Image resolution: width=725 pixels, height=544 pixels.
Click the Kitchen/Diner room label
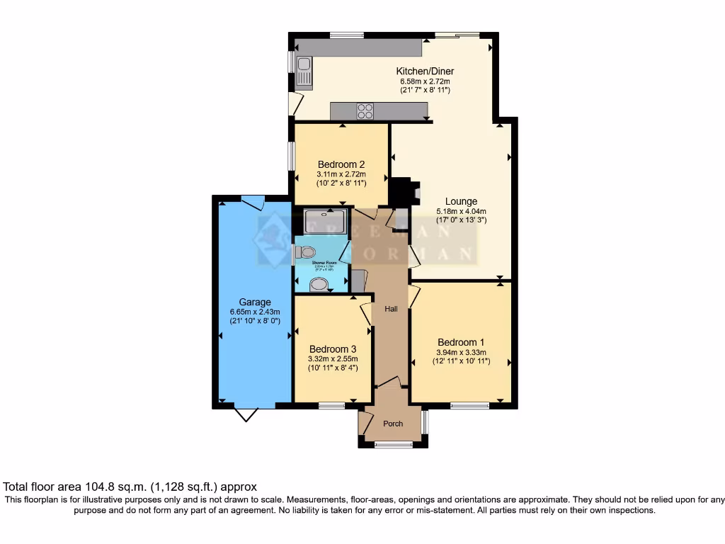click(425, 71)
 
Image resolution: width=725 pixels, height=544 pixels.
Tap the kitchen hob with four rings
click(365, 110)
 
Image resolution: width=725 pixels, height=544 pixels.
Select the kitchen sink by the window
click(305, 71)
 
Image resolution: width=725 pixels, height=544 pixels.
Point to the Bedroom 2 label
click(341, 164)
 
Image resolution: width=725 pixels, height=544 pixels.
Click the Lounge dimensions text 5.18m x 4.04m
click(462, 211)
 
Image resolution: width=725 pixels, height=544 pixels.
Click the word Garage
click(254, 302)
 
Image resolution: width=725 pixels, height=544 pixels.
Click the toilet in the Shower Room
click(306, 252)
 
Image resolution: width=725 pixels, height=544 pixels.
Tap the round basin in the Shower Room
click(319, 285)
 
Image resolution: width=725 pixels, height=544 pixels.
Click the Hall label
click(391, 310)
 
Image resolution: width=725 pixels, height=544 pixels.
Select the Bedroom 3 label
click(332, 349)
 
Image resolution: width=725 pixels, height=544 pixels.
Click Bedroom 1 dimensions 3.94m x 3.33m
click(460, 352)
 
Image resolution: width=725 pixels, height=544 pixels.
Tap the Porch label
click(393, 424)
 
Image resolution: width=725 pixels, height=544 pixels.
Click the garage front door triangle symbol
click(245, 414)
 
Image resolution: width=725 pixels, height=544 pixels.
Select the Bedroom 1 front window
click(469, 406)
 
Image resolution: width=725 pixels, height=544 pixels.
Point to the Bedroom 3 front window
click(331, 406)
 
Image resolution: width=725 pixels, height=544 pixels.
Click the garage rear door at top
click(252, 200)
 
